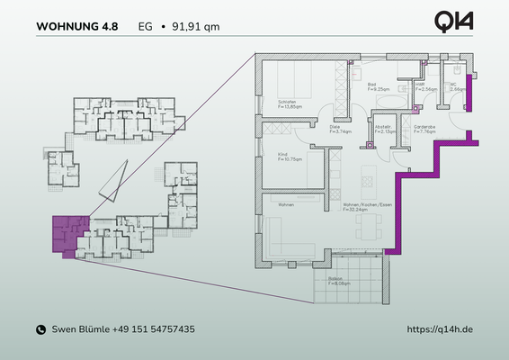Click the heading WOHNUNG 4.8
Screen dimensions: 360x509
(76, 26)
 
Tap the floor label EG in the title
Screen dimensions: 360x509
(145, 26)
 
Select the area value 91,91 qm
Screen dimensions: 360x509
(194, 26)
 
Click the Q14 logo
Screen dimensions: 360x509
(454, 22)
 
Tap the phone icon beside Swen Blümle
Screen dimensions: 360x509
(40, 330)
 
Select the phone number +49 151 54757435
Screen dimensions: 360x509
(154, 330)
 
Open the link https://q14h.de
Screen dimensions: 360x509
(440, 330)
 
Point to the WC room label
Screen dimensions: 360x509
(456, 87)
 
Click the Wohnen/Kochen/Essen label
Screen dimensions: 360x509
(366, 206)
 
